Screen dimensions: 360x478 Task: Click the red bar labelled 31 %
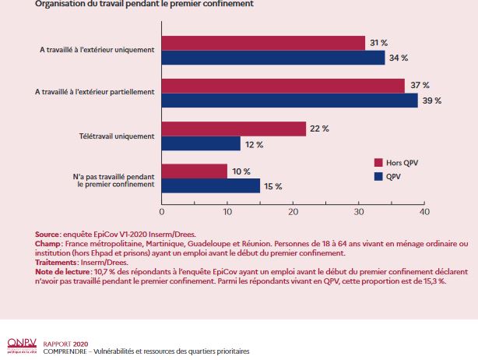tap(263, 43)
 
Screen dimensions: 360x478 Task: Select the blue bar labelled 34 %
tap(273, 58)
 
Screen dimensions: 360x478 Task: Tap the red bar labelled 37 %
tap(283, 86)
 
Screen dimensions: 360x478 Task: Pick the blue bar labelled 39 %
tap(290, 101)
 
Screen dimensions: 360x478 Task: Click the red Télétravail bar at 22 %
tap(234, 129)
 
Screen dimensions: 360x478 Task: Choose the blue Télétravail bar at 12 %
tap(201, 143)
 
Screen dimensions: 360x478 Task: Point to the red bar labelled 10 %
tap(195, 171)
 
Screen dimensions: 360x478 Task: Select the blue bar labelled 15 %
tap(211, 186)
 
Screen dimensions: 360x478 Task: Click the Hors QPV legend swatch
tap(379, 163)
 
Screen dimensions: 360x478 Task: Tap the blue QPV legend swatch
tap(379, 176)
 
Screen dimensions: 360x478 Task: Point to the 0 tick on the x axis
tap(162, 211)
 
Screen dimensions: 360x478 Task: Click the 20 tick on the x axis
tap(293, 211)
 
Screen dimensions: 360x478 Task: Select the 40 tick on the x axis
tap(424, 211)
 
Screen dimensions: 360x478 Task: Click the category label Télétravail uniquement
tap(118, 136)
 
